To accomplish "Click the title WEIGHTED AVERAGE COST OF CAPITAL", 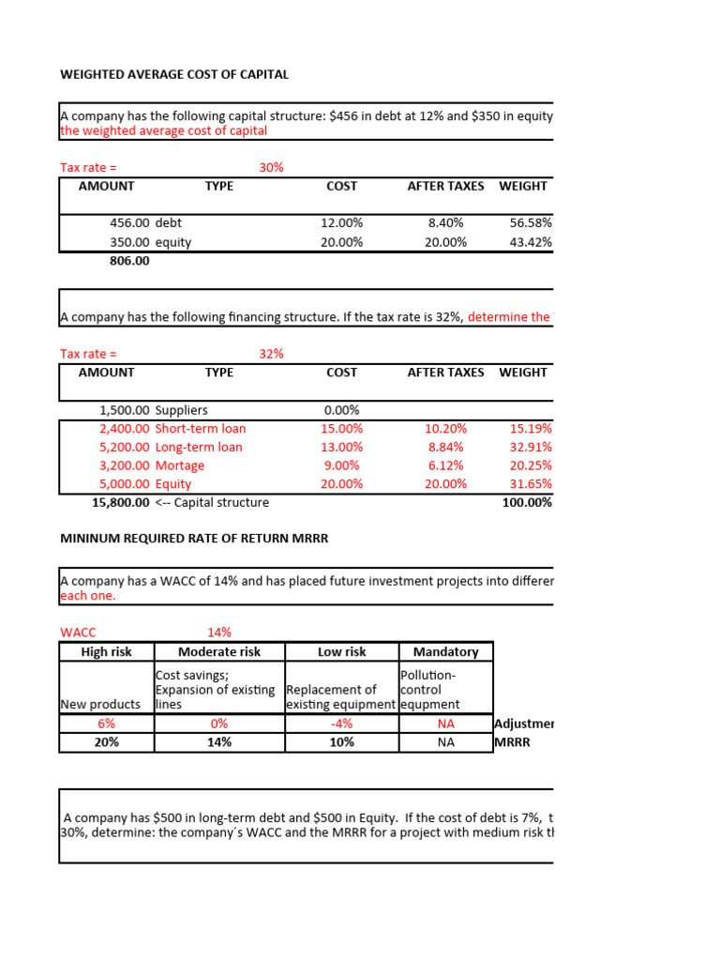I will (x=174, y=74).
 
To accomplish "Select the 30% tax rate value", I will (x=271, y=167).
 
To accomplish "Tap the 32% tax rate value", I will (x=271, y=354).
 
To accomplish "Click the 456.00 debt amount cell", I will (x=129, y=223).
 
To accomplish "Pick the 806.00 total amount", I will (x=129, y=261).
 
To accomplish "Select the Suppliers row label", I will (x=181, y=410).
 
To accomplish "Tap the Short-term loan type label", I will (x=200, y=429).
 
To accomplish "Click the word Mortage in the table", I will (x=179, y=465).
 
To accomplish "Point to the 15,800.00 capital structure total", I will (x=121, y=503).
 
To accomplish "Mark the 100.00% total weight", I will (x=529, y=503).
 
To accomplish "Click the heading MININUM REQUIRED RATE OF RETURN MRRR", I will (x=194, y=539).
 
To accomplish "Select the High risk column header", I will (x=106, y=652).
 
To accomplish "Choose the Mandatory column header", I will (x=445, y=652).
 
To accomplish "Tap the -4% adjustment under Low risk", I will (x=341, y=724).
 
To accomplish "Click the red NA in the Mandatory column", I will (x=445, y=724).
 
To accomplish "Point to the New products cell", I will (x=99, y=704).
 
